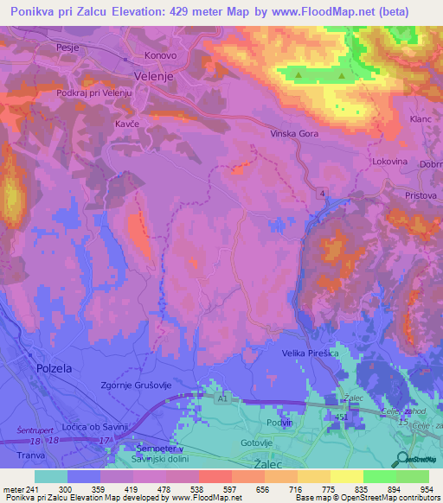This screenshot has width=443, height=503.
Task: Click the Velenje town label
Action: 156,75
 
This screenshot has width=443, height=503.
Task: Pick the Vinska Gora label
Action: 295,134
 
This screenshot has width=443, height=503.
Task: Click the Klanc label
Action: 420,118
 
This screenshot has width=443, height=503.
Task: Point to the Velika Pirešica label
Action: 312,353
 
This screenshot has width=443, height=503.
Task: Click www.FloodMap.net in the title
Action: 288,12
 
